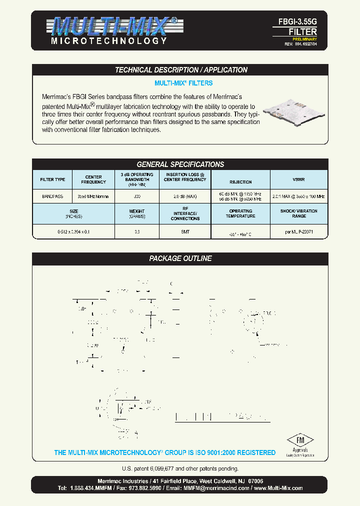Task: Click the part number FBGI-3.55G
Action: click(x=297, y=22)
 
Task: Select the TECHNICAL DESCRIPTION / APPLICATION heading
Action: click(x=181, y=70)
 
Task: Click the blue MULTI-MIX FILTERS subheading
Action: click(x=183, y=83)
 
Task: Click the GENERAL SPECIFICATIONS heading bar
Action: click(x=180, y=164)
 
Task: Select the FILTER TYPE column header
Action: click(x=52, y=179)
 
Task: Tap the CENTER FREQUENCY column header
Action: click(x=93, y=179)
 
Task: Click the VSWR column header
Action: click(x=299, y=179)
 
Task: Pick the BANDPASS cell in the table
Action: click(x=52, y=196)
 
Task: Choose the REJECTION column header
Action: click(x=240, y=182)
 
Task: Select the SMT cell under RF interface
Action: click(x=184, y=232)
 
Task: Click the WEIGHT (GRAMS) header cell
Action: click(x=136, y=214)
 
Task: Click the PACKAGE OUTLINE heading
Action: click(x=180, y=258)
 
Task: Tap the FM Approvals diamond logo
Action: click(x=300, y=441)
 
